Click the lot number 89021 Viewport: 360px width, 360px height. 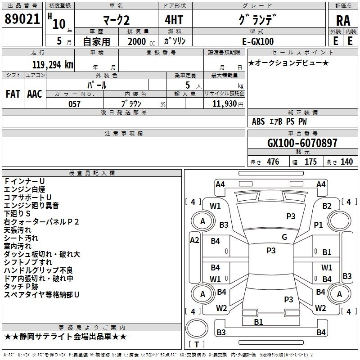click(x=22, y=19)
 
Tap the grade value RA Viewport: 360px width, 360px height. click(x=343, y=21)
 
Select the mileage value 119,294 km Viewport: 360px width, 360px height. click(x=53, y=65)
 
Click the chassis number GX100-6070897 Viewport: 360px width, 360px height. click(x=302, y=143)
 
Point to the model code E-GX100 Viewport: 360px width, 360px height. click(x=258, y=41)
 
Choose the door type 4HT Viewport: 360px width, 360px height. click(x=174, y=20)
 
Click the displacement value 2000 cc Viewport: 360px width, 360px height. click(x=141, y=41)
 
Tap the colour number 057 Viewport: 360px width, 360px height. click(x=74, y=104)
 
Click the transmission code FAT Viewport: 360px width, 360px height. click(x=13, y=94)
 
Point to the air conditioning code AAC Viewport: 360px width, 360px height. click(x=35, y=94)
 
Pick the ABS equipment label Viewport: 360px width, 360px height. click(x=258, y=121)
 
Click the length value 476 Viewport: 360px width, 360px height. click(x=273, y=162)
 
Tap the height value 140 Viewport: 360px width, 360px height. click(x=346, y=162)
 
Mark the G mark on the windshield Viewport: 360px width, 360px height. click(x=284, y=237)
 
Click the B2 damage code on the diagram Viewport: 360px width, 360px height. click(x=327, y=206)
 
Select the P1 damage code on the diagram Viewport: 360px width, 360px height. click(x=318, y=225)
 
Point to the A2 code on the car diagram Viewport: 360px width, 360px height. click(x=194, y=240)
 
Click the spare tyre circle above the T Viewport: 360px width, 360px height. click(x=197, y=328)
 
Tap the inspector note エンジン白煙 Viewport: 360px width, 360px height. click(x=24, y=189)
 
